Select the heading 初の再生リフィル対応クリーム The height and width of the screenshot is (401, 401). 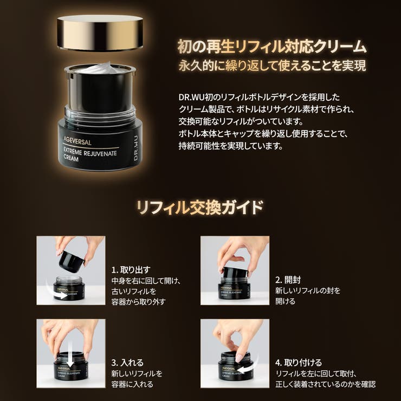[271, 47]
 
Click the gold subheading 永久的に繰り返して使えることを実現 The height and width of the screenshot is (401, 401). [271, 66]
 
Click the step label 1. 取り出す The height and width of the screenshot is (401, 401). [131, 269]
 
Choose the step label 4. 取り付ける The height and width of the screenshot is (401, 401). [299, 363]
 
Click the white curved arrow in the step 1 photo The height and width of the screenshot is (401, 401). [61, 295]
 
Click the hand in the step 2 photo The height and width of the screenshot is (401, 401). [241, 250]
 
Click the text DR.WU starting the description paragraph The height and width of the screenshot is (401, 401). [191, 96]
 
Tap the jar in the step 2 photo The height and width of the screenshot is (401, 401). [235, 285]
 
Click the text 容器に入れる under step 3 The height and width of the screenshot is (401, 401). [132, 384]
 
